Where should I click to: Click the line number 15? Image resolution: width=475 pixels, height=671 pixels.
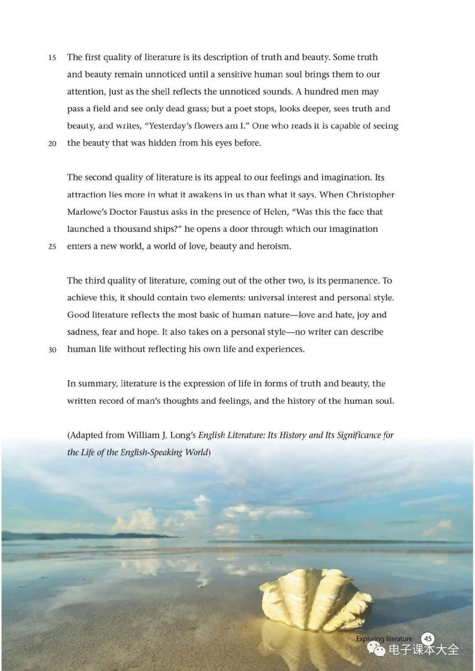click(52, 58)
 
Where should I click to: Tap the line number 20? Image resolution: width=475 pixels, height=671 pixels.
click(52, 143)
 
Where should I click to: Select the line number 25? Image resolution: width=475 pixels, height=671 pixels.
click(52, 247)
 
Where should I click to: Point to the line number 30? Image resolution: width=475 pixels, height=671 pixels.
click(52, 350)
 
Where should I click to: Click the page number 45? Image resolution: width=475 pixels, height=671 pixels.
click(428, 638)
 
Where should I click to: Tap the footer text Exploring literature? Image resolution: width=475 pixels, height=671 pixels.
click(384, 638)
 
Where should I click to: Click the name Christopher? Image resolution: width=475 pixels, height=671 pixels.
click(370, 195)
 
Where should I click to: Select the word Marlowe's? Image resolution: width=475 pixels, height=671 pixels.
click(87, 212)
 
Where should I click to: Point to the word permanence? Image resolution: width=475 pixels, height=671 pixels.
click(354, 281)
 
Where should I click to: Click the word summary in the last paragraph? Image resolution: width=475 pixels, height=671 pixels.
click(97, 384)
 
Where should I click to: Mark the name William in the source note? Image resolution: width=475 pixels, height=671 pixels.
click(144, 435)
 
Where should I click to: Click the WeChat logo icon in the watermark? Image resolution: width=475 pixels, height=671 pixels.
click(376, 649)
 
